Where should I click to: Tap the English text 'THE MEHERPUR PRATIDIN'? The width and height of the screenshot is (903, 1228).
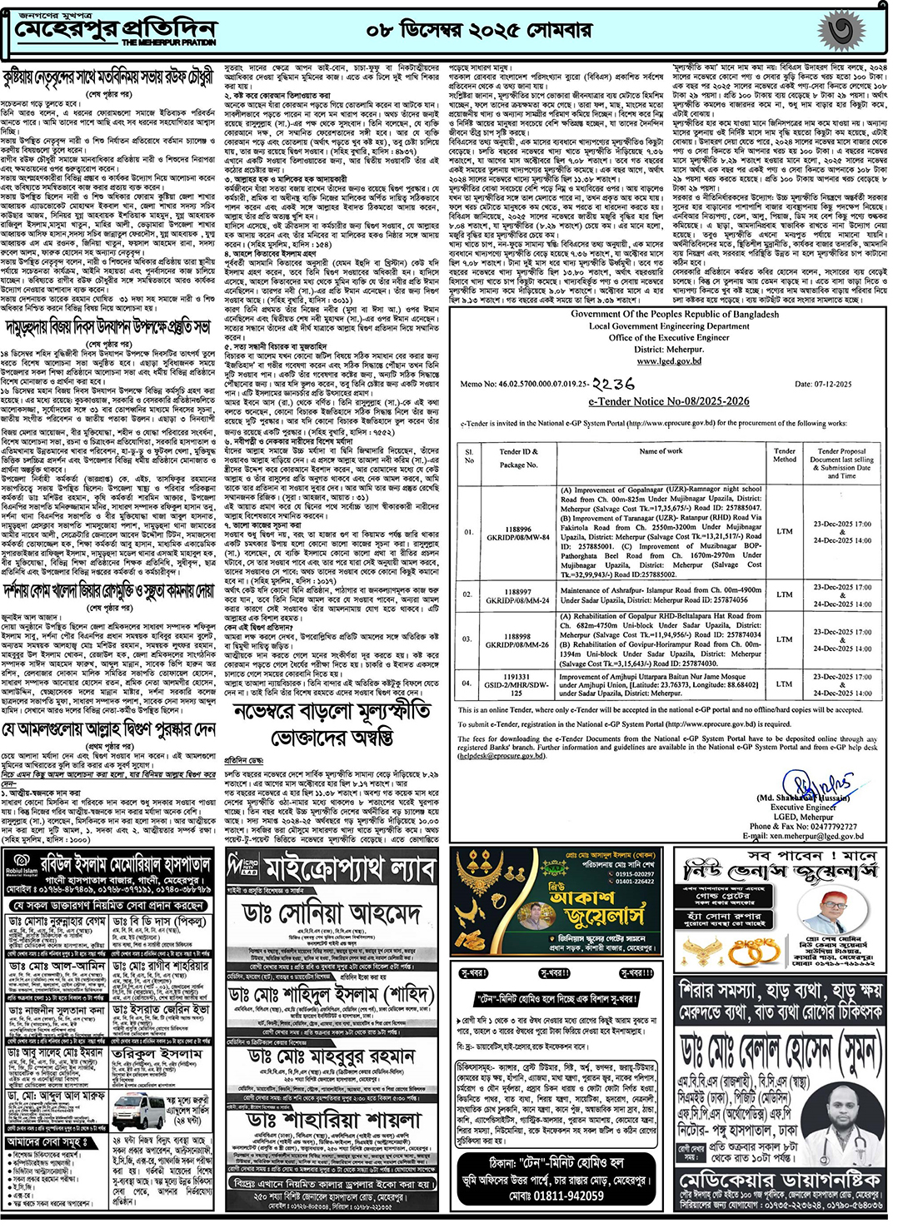168,42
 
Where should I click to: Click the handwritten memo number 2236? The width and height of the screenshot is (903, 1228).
613,384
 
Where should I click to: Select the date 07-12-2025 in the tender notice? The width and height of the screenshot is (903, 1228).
822,384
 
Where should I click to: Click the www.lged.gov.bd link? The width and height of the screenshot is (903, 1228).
669,361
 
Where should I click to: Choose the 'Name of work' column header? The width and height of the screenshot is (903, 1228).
660,451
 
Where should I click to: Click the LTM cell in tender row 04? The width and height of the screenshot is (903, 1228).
784,684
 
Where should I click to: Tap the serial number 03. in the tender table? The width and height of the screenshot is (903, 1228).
469,639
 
